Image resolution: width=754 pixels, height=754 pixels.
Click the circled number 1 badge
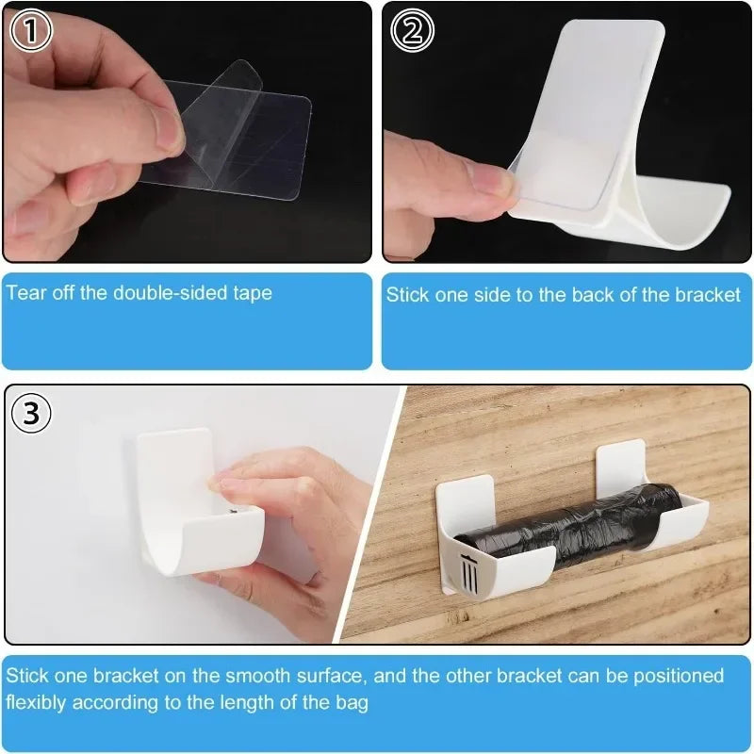(31, 31)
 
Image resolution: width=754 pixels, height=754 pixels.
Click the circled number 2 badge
(412, 31)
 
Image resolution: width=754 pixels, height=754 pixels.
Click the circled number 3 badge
(31, 413)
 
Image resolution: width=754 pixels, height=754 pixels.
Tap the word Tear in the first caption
(25, 292)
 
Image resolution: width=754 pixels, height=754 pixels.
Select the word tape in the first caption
(252, 292)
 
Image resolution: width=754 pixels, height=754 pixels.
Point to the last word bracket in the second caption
(709, 295)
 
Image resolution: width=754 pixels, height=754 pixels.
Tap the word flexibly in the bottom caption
(36, 702)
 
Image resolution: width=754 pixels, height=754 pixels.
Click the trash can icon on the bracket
(469, 571)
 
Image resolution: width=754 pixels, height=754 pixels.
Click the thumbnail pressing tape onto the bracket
(565, 132)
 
